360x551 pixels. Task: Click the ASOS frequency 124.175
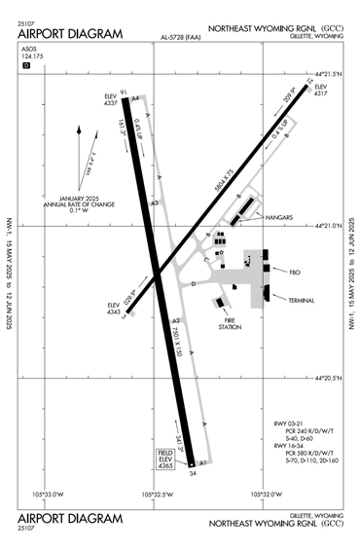pos(30,68)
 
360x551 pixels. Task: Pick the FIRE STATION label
pos(230,324)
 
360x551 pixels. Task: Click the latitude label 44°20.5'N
pos(328,378)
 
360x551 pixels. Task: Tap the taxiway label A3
pos(154,202)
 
